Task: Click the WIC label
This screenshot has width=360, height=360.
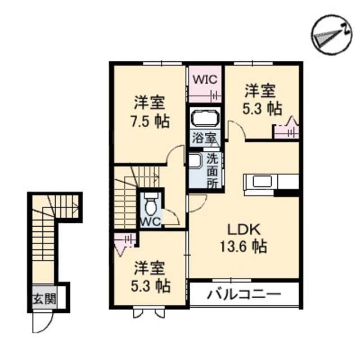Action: (x=205, y=79)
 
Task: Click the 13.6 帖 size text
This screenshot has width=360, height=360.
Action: (x=244, y=246)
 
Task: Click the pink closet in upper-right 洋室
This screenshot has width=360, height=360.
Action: (x=285, y=130)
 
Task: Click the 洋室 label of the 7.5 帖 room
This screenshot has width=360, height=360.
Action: (x=148, y=103)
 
